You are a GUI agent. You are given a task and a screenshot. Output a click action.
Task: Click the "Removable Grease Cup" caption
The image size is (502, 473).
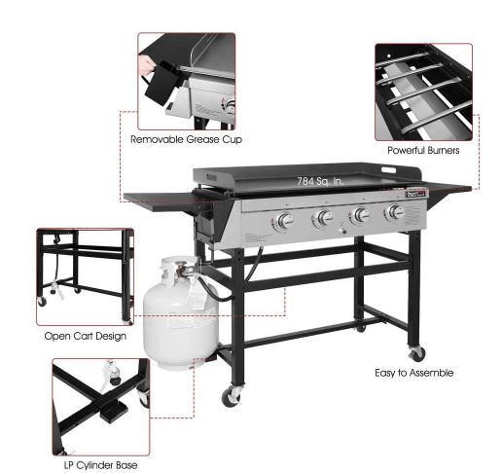(x=186, y=139)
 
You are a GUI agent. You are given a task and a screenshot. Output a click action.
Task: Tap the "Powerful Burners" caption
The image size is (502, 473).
(x=423, y=150)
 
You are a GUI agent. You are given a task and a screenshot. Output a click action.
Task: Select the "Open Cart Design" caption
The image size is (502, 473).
(x=86, y=336)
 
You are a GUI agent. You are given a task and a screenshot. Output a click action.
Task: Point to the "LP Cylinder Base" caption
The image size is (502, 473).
(x=100, y=465)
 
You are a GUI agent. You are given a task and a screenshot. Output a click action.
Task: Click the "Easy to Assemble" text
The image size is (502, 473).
(x=414, y=373)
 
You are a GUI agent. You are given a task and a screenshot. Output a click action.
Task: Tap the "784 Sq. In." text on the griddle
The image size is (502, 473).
(x=320, y=181)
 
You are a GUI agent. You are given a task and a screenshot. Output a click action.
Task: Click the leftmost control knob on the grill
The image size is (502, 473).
(x=285, y=221)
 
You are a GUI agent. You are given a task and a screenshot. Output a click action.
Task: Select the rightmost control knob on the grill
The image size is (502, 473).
(x=395, y=212)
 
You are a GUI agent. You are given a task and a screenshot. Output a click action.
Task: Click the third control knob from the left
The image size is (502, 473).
(x=360, y=215)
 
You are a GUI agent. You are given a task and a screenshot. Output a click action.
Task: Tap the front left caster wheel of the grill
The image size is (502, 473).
(x=232, y=395)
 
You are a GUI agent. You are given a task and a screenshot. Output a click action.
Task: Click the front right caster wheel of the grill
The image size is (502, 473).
(x=416, y=353)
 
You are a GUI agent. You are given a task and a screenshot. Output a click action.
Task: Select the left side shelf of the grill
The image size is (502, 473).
(x=170, y=201)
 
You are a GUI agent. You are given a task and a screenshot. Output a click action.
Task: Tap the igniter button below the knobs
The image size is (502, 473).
(x=342, y=231)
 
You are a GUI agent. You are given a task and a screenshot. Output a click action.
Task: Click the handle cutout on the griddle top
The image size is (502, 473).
(x=388, y=170)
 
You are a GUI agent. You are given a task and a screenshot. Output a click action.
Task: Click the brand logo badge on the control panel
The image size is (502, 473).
(x=417, y=194)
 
